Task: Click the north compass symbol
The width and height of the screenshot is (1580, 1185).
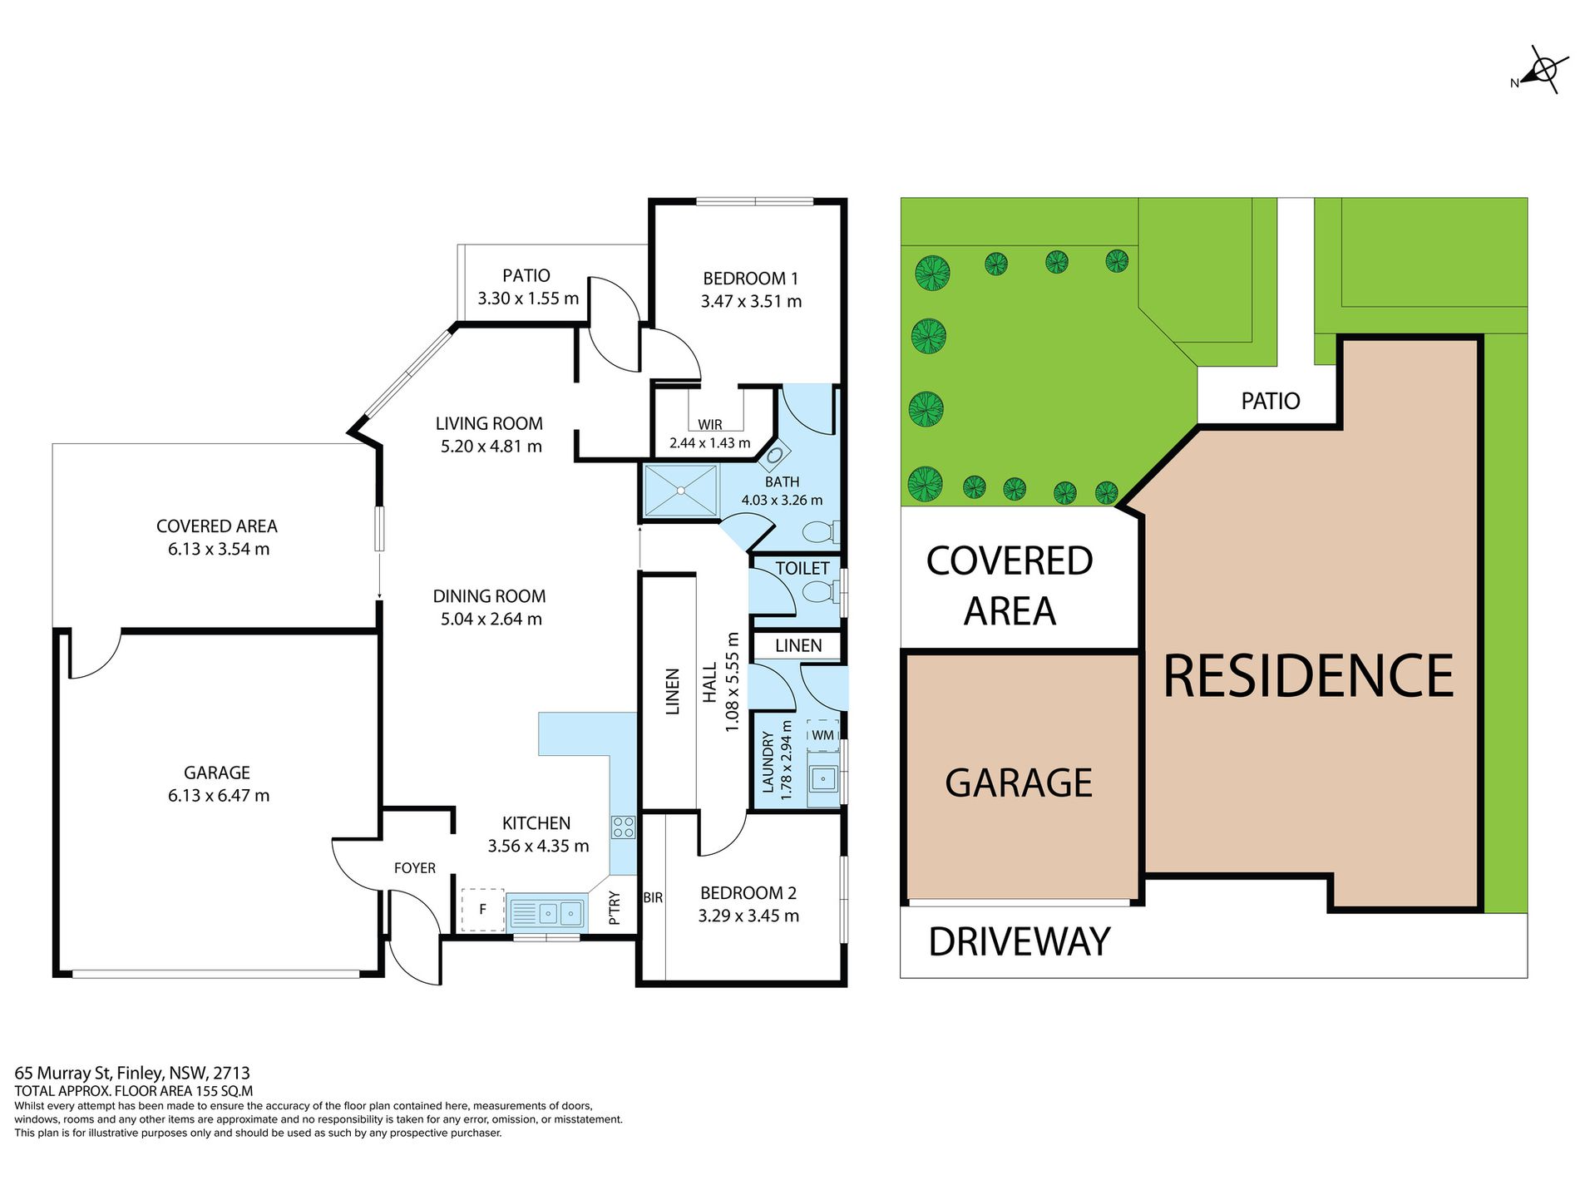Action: point(1542,71)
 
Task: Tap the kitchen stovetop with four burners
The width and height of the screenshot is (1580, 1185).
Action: point(624,827)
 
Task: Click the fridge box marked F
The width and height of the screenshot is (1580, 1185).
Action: point(483,910)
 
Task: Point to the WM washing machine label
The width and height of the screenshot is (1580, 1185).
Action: point(822,735)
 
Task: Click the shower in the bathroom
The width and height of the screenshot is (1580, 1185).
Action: point(681,491)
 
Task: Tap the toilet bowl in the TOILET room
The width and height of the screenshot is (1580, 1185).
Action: point(820,593)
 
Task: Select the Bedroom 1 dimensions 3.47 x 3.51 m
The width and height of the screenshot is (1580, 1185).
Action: point(751,301)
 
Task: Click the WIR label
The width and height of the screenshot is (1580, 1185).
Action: point(710,424)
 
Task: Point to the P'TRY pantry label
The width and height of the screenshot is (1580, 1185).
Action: point(615,908)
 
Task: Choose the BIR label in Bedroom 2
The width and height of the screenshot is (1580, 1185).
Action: point(653,898)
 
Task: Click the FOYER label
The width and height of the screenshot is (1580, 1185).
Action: point(415,868)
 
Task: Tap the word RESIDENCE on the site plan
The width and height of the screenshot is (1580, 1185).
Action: point(1308,675)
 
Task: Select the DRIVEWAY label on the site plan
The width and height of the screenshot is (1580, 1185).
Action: point(1020,942)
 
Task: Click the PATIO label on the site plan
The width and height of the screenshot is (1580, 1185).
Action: point(1271,401)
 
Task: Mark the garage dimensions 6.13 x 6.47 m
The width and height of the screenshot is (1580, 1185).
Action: point(219,796)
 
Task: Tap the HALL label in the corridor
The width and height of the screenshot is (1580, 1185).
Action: point(709,683)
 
